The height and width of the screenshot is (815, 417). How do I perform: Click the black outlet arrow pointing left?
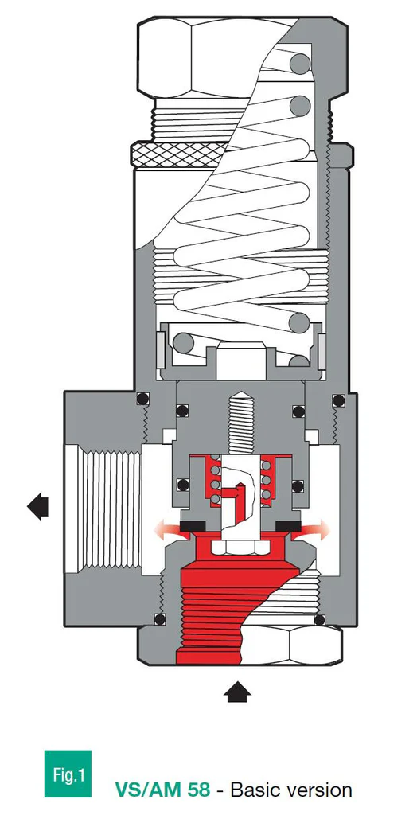pyautogui.click(x=37, y=506)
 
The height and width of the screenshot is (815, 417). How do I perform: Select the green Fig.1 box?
pyautogui.click(x=68, y=774)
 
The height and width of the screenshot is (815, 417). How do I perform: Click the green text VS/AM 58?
pyautogui.click(x=162, y=790)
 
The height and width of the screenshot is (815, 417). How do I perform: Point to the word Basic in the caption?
pyautogui.click(x=260, y=790)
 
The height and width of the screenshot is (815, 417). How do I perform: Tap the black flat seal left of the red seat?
pyautogui.click(x=193, y=526)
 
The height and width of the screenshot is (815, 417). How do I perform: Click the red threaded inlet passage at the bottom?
pyautogui.click(x=215, y=621)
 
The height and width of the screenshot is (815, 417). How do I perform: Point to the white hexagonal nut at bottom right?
pyautogui.click(x=314, y=643)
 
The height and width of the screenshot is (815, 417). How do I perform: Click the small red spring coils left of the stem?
pyautogui.click(x=213, y=482)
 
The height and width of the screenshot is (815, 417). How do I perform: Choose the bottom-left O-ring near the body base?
pyautogui.click(x=158, y=619)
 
